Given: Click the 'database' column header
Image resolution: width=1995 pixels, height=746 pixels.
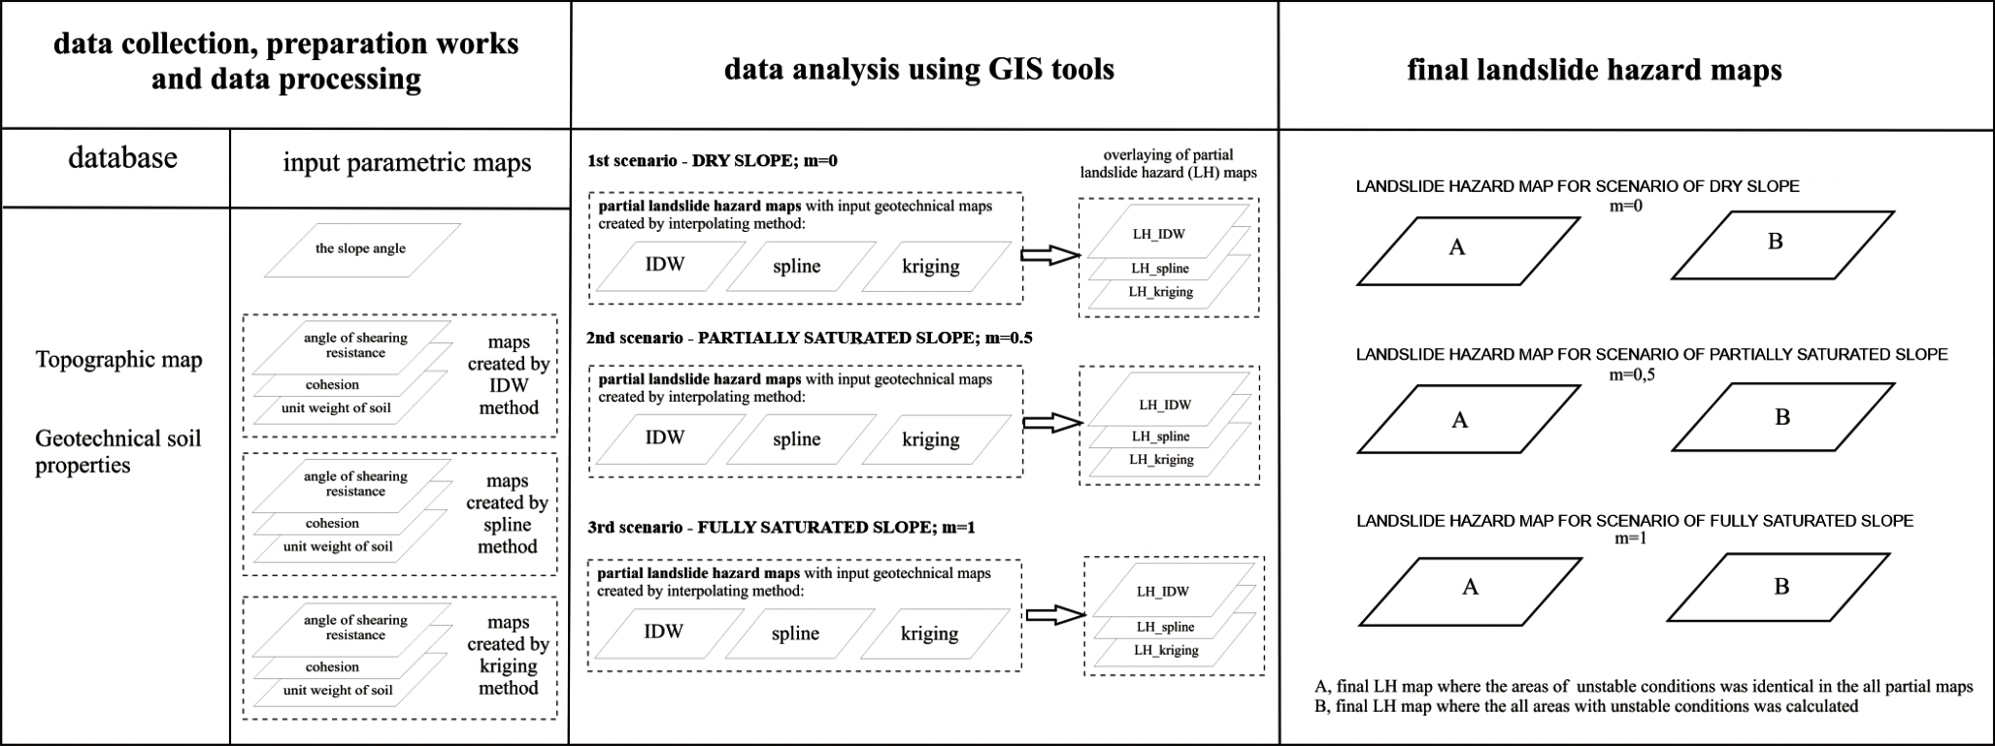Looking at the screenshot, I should coord(122,158).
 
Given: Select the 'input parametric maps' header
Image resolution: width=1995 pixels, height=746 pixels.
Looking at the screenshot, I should coord(407,162).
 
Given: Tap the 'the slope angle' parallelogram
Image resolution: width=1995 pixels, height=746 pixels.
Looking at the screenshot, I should coord(361,249).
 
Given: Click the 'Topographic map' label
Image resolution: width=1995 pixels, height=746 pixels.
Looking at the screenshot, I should coord(119,360).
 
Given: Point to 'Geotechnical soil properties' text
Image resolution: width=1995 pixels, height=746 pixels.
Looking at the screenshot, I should coord(117,451).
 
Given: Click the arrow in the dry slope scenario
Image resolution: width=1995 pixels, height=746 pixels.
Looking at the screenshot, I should coord(1050,255).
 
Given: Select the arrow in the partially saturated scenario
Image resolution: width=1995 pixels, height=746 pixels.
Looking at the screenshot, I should coord(1052,423).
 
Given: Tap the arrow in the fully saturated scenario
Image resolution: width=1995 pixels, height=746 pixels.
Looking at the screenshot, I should coord(1055,615).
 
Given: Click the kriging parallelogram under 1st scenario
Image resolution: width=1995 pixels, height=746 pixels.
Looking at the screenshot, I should coord(930,266).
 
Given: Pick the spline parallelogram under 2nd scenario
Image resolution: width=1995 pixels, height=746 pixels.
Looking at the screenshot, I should coord(796,439).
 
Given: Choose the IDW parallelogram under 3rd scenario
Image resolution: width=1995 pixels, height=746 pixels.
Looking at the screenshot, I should coord(664,632).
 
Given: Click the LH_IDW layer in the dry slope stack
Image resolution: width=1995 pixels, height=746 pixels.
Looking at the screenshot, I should coord(1159,234).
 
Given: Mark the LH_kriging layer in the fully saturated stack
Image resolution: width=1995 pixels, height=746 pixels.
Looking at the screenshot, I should coord(1166,651).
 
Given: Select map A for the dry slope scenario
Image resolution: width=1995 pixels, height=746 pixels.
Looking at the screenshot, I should coord(1457,248).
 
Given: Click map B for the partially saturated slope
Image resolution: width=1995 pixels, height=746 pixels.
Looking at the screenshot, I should coord(1782,417).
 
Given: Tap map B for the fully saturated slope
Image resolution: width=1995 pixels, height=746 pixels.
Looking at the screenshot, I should coord(1781,586).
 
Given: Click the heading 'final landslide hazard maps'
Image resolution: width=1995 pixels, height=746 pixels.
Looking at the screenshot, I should coord(1594,70).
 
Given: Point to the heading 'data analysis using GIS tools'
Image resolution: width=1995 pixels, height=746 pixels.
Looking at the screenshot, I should coord(919,70).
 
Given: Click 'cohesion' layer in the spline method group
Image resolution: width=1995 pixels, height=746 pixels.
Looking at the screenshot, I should coord(333,524).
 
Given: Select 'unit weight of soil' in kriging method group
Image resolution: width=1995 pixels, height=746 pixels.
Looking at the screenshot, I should coord(338,691).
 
